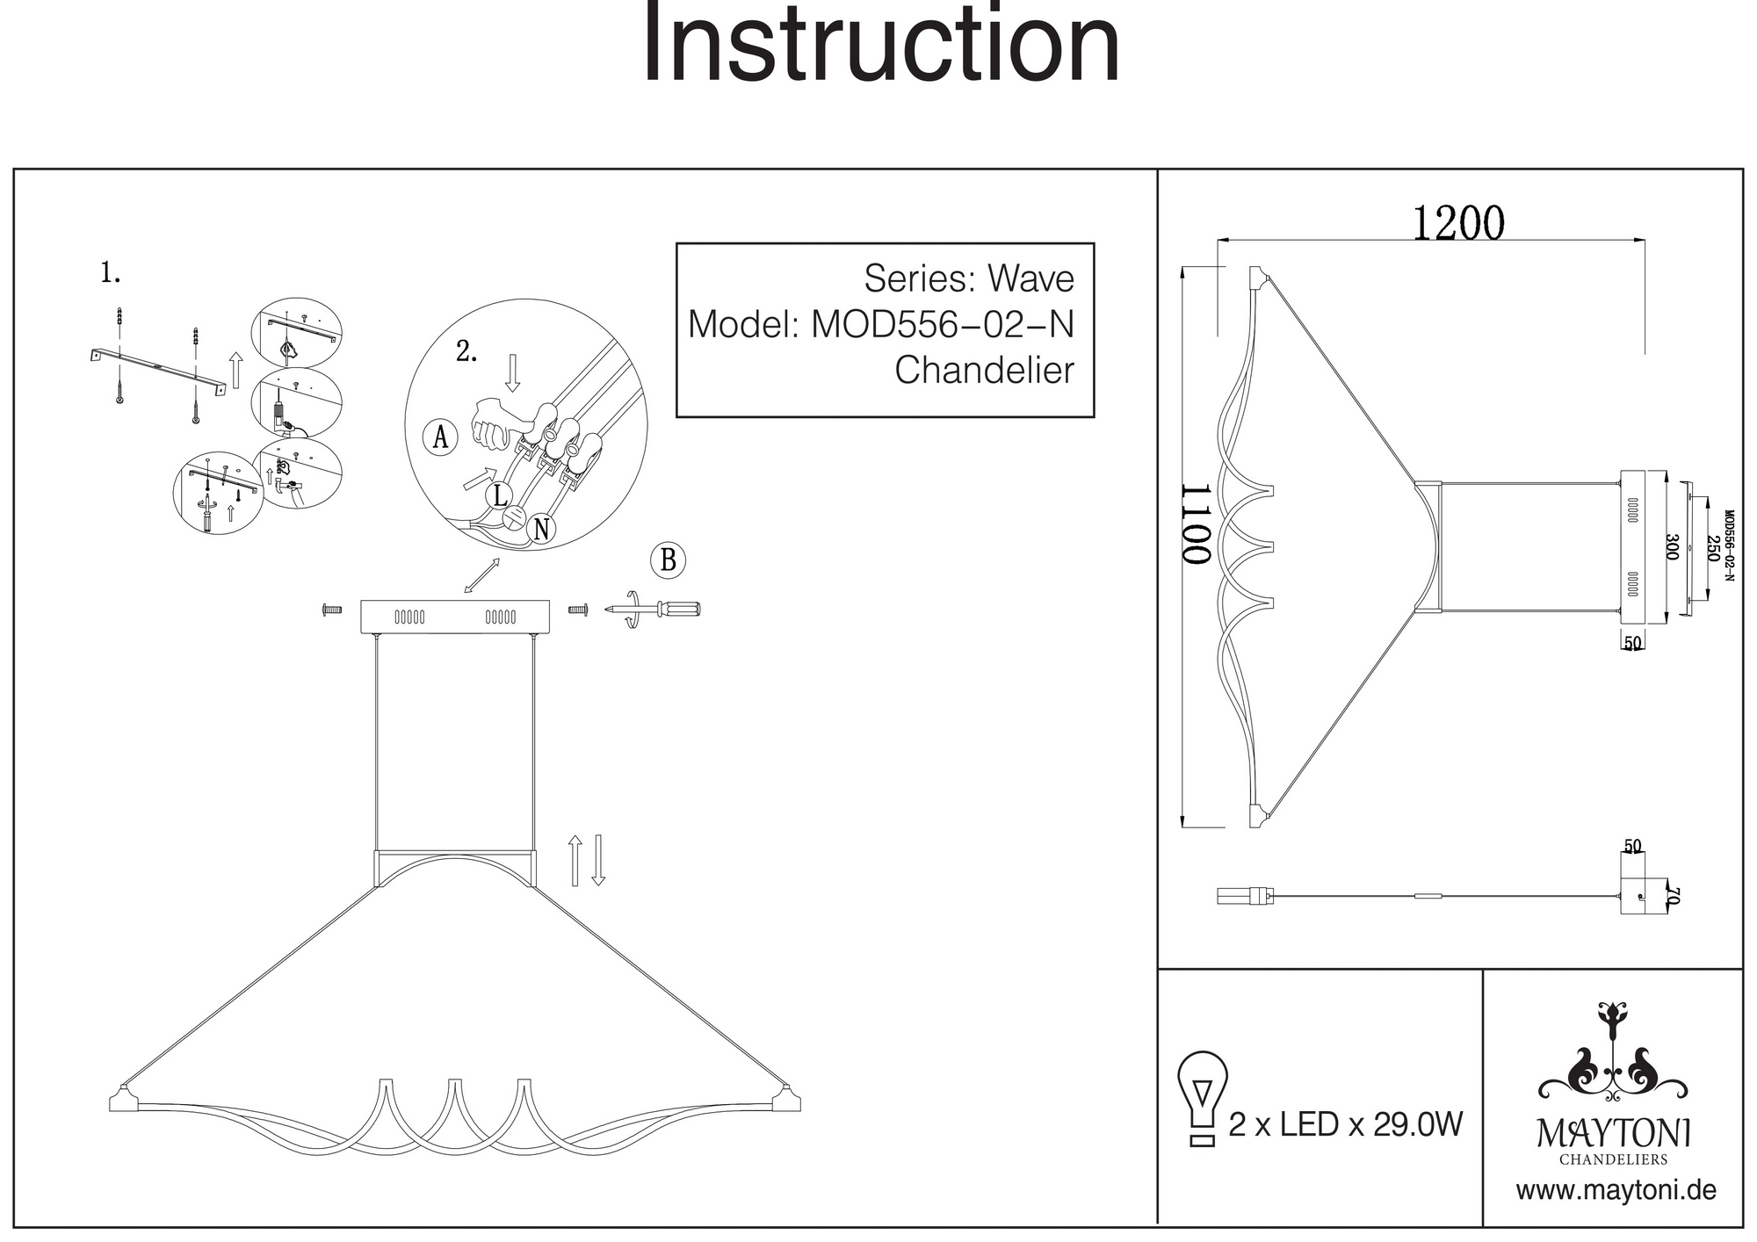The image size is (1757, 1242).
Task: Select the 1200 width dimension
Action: tap(1457, 223)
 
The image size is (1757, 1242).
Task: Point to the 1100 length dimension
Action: tap(1196, 524)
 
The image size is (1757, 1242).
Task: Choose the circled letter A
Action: tap(440, 437)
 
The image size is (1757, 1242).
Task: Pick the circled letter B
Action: tap(668, 560)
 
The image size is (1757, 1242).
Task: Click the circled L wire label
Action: tap(500, 495)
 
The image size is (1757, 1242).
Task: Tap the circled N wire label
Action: tap(541, 529)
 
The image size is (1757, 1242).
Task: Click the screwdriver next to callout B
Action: tap(654, 610)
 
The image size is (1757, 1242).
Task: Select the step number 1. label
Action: tap(110, 273)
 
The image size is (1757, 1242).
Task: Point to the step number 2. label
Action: tap(466, 352)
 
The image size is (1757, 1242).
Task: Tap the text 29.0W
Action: tap(1418, 1124)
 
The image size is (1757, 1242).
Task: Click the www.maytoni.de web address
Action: tap(1616, 1191)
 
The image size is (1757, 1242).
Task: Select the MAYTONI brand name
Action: tap(1613, 1134)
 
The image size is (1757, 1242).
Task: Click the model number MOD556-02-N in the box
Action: tap(943, 324)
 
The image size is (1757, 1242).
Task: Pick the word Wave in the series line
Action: tap(1030, 278)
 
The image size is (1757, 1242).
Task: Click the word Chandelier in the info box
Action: tap(984, 370)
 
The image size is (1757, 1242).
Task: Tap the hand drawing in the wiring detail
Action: tap(492, 422)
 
